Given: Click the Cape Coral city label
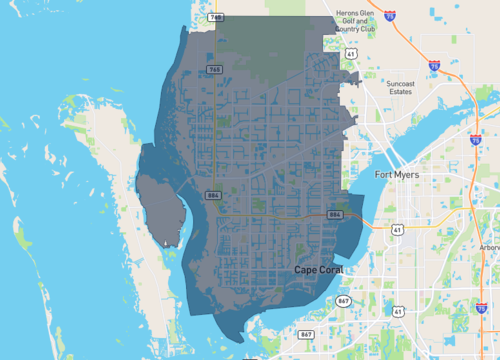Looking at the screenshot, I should point(319,270).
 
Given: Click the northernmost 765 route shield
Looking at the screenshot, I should point(216,18).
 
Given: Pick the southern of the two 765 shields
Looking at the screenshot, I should point(215,69).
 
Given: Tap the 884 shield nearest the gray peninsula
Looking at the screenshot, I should point(213,195).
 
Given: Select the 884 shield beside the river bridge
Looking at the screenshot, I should point(335,215).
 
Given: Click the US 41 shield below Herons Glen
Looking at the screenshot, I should point(351,52).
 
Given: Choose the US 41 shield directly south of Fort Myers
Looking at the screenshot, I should point(397,229).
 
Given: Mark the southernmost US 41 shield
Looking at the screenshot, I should point(398,312).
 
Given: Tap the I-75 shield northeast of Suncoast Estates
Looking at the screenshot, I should point(434,66).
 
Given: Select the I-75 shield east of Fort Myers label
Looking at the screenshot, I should point(474,141).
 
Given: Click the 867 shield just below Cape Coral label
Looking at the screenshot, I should point(344,301).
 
